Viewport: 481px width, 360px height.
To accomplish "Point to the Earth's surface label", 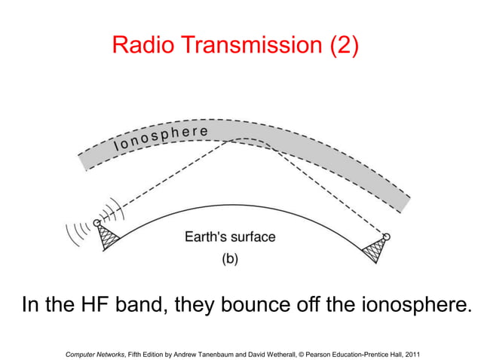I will pyautogui.click(x=230, y=236).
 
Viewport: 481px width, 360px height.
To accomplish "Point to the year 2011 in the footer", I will pyautogui.click(x=412, y=352).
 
